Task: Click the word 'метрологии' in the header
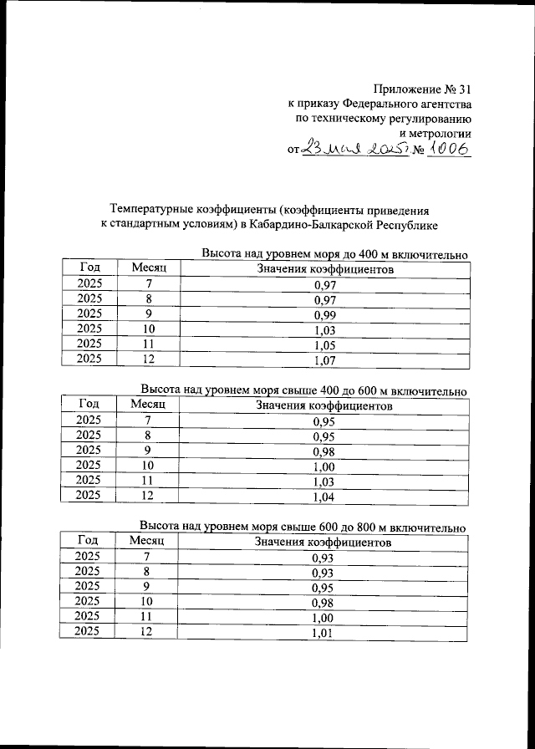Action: pyautogui.click(x=442, y=133)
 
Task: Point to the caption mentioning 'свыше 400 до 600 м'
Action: pyautogui.click(x=303, y=390)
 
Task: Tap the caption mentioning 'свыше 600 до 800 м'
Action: pyautogui.click(x=302, y=527)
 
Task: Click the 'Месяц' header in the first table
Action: pyautogui.click(x=150, y=267)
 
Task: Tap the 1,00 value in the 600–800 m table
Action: pyautogui.click(x=323, y=617)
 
